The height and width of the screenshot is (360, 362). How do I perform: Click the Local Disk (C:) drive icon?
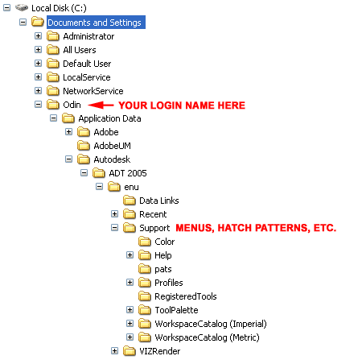click(22, 8)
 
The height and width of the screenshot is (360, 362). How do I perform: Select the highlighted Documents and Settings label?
click(96, 23)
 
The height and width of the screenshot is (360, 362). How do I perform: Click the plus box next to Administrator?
click(38, 35)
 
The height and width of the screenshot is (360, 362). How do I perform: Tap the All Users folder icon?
click(53, 50)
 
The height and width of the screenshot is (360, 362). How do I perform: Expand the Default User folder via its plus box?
click(38, 63)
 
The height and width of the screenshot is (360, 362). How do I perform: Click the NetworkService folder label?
click(93, 91)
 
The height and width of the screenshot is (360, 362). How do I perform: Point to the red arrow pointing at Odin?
click(101, 105)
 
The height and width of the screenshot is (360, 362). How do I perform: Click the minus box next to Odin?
click(38, 104)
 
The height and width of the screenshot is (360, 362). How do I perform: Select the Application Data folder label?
click(109, 118)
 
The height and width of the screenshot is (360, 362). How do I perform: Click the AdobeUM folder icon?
click(84, 146)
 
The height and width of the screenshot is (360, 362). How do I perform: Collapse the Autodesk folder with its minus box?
click(68, 159)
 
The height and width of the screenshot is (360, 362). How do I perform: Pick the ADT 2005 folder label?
click(128, 173)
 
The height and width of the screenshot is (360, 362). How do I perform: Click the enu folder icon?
click(114, 187)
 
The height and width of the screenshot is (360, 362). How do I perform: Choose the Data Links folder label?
click(159, 201)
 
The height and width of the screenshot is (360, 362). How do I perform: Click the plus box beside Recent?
click(114, 213)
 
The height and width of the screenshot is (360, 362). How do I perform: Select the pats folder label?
click(163, 269)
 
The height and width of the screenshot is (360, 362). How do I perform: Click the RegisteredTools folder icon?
click(145, 296)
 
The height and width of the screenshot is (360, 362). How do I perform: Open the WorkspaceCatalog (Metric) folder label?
click(207, 337)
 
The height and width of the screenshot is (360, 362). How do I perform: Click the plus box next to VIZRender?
click(114, 350)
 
